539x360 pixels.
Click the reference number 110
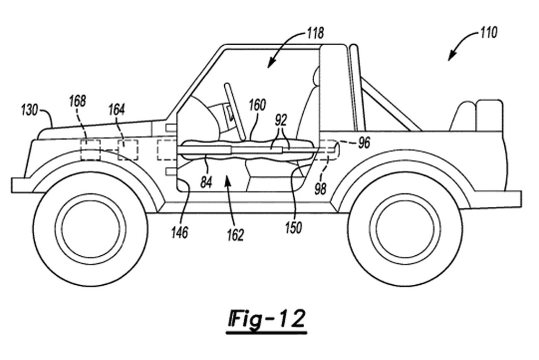(487, 33)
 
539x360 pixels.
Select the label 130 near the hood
(29, 110)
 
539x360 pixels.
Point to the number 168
(77, 101)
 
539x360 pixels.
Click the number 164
(116, 109)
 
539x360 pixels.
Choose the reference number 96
(363, 143)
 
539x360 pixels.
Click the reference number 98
(320, 188)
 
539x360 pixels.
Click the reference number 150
(293, 227)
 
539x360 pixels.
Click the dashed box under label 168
(89, 150)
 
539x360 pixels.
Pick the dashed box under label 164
(128, 149)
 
